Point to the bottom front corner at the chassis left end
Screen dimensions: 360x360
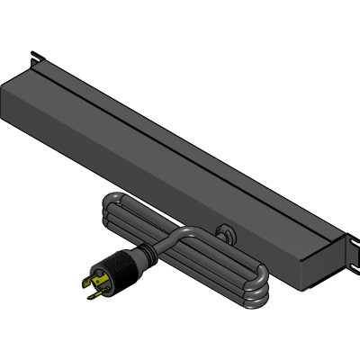pos(6,121)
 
